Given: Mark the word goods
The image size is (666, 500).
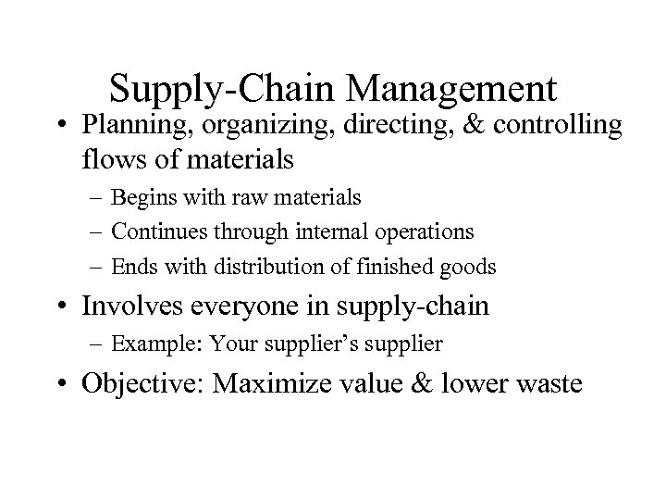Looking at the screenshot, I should coord(469,268).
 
